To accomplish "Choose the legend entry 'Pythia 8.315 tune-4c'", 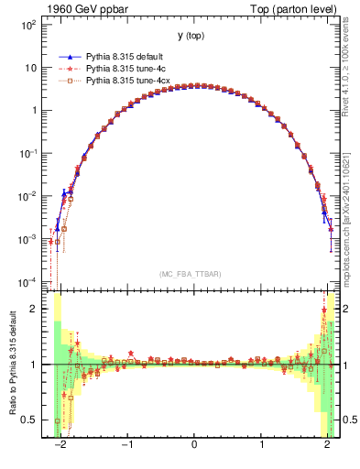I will click(x=127, y=69).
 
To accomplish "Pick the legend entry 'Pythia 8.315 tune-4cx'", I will click(x=129, y=81).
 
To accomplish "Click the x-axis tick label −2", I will click(x=60, y=450).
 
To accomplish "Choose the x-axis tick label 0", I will click(x=194, y=450).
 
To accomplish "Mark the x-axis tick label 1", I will click(x=261, y=450).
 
